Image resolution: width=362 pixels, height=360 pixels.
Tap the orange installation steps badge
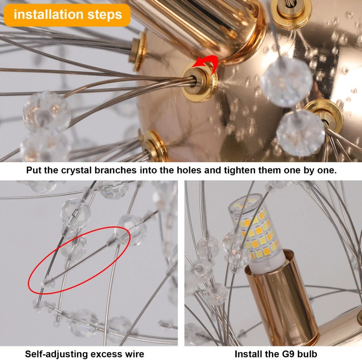[67, 15]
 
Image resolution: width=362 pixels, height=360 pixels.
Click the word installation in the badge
[48, 15]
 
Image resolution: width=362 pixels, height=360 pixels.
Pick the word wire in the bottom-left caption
[135, 354]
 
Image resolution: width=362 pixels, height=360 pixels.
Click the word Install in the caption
[247, 354]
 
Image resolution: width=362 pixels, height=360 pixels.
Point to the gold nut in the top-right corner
[291, 12]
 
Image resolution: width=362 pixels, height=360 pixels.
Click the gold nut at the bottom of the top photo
[154, 146]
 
